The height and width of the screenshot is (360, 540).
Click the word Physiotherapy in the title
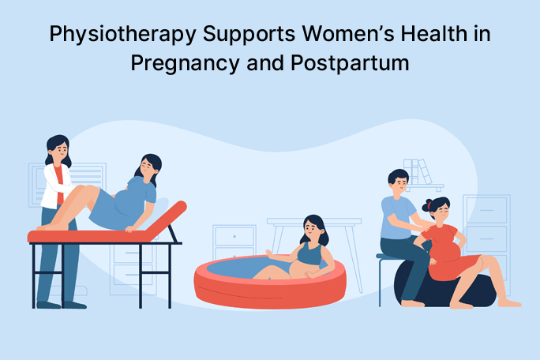[122, 35]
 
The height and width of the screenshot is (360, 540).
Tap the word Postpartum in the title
[350, 63]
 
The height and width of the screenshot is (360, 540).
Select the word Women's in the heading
[348, 33]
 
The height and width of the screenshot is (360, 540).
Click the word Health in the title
[433, 33]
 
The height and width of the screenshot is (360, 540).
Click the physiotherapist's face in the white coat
[60, 149]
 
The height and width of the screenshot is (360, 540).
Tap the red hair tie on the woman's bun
[429, 206]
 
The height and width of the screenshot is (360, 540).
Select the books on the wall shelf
[418, 171]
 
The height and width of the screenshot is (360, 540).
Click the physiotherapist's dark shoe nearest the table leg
[73, 305]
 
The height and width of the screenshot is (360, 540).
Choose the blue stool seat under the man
[388, 256]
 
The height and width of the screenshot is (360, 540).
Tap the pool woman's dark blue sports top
[310, 254]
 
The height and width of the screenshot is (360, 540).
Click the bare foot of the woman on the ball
[509, 303]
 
